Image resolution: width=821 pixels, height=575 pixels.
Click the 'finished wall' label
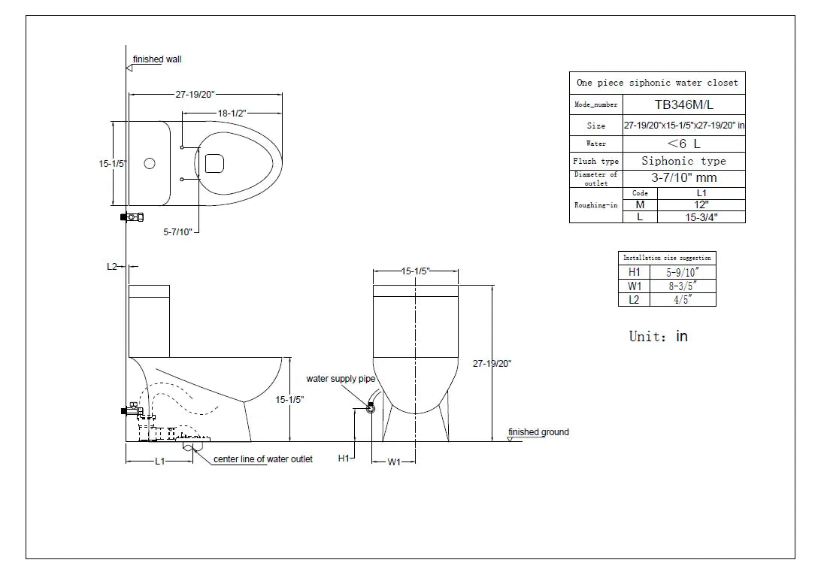tap(157, 59)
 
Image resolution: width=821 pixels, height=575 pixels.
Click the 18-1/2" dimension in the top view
tap(232, 112)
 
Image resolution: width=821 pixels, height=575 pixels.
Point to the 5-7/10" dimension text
tap(178, 232)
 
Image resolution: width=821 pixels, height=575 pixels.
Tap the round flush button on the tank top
tap(150, 163)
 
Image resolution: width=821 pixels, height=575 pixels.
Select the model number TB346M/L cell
tap(683, 105)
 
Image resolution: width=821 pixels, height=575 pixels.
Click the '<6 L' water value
tap(683, 143)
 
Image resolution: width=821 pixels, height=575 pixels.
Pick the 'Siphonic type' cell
tap(683, 161)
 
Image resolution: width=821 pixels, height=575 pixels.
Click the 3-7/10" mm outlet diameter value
tap(683, 178)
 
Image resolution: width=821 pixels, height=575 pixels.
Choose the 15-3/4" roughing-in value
tap(701, 217)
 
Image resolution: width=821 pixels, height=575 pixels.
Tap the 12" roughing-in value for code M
tap(701, 205)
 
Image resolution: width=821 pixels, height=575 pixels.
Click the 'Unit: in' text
tap(658, 336)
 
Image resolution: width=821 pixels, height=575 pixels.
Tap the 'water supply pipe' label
tap(341, 379)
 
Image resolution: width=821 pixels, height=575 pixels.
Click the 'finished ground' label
tap(538, 432)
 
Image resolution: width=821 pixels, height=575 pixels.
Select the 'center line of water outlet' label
tap(263, 458)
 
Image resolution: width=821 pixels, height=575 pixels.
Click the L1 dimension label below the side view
tap(160, 462)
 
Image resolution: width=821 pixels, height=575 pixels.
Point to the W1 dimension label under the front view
tap(394, 462)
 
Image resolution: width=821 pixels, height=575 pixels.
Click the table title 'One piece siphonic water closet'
tap(656, 83)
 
